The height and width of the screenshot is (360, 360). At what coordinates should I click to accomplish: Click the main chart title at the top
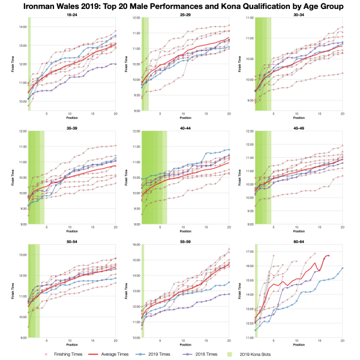pyautogui.click(x=180, y=7)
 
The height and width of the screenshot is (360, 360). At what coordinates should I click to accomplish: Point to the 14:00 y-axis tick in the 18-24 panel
pyautogui.click(x=21, y=27)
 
